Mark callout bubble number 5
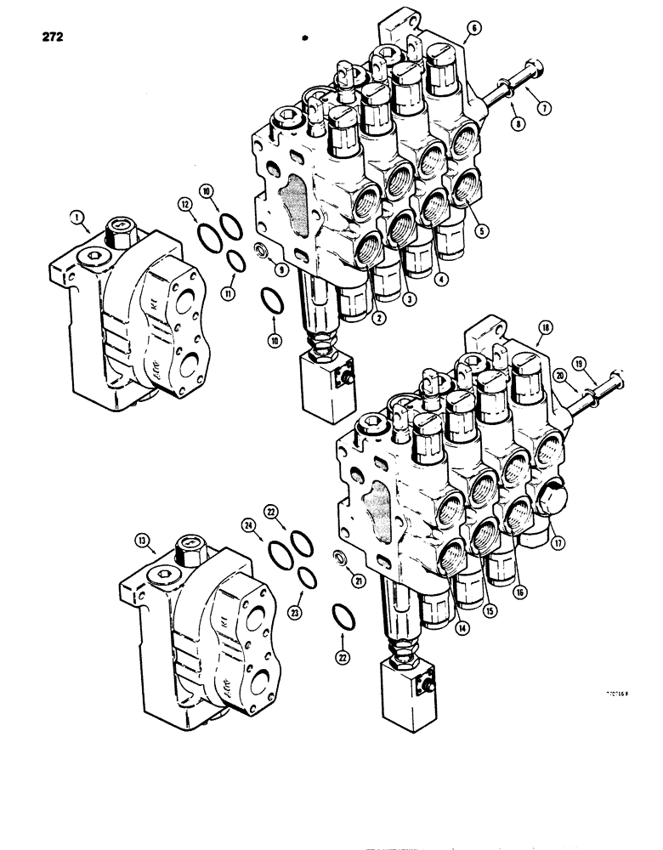[x=481, y=229]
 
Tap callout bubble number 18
[x=543, y=326]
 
